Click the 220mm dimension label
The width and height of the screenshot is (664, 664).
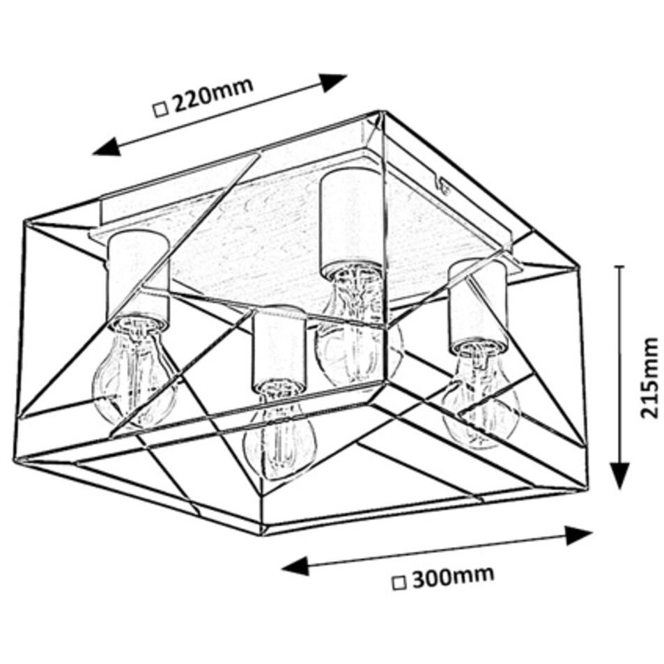pos(213,96)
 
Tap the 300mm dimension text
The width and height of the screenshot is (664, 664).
pos(453,577)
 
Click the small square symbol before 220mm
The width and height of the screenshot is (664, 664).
pos(160,111)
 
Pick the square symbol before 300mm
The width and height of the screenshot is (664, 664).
pos(400,584)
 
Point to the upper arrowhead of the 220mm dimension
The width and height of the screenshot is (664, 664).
pos(333,82)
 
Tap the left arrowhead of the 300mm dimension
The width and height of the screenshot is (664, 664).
pos(295,566)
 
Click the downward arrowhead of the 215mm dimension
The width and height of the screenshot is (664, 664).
pos(619,475)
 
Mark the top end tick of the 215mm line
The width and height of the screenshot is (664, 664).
pos(619,266)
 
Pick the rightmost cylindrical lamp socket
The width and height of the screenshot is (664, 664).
pos(477,305)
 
